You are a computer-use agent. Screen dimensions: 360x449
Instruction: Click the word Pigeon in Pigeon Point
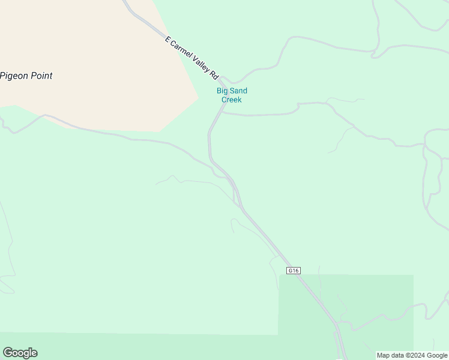click(x=14, y=76)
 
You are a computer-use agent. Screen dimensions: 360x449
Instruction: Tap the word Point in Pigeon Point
click(x=41, y=76)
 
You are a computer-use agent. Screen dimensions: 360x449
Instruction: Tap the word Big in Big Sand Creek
click(x=223, y=91)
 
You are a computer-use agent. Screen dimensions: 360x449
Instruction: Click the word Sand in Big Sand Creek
click(x=238, y=91)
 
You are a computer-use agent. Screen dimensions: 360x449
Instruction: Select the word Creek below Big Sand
click(x=231, y=100)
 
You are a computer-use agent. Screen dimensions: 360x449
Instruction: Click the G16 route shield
click(x=293, y=271)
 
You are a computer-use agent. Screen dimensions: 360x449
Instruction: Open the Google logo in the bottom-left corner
click(x=20, y=353)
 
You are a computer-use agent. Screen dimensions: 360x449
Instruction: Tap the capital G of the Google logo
click(x=8, y=353)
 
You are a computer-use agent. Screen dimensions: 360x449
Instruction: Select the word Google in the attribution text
click(x=437, y=355)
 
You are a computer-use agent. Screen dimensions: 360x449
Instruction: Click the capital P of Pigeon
click(x=3, y=76)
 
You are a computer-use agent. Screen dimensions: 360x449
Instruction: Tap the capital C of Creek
click(x=224, y=100)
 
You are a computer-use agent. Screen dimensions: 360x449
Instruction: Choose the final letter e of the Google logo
click(x=34, y=353)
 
